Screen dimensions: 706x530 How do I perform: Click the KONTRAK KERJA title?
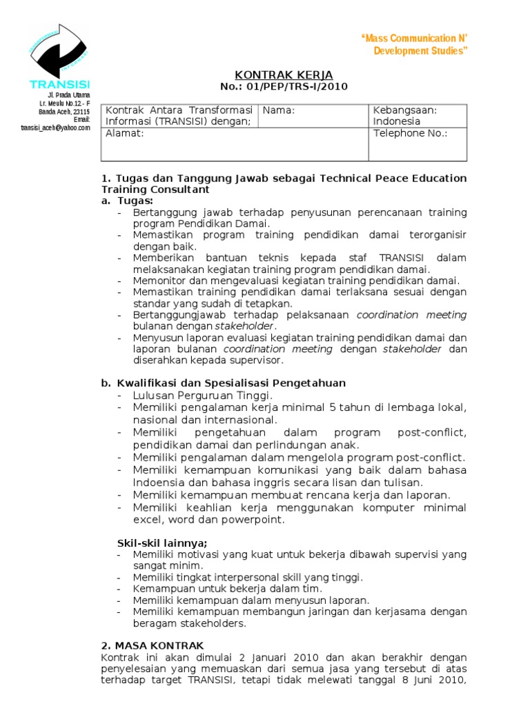(284, 74)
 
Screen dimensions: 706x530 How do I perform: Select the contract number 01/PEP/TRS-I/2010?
(284, 86)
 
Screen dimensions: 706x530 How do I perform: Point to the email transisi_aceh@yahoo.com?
(55, 128)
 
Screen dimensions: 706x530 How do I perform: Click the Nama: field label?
(279, 110)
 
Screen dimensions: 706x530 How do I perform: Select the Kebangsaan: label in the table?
(405, 110)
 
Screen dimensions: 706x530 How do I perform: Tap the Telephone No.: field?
(410, 133)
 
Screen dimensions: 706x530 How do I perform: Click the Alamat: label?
(125, 133)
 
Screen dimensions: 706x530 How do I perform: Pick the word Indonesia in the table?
(397, 121)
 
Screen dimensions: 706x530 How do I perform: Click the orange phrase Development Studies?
(420, 51)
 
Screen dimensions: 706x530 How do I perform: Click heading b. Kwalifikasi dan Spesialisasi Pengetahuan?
(224, 383)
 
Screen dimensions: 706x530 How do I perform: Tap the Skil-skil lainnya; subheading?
(161, 542)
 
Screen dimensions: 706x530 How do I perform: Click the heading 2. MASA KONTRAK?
(152, 645)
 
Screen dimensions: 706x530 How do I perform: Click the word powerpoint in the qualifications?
(253, 519)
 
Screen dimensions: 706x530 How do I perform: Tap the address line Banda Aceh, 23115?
(64, 111)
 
